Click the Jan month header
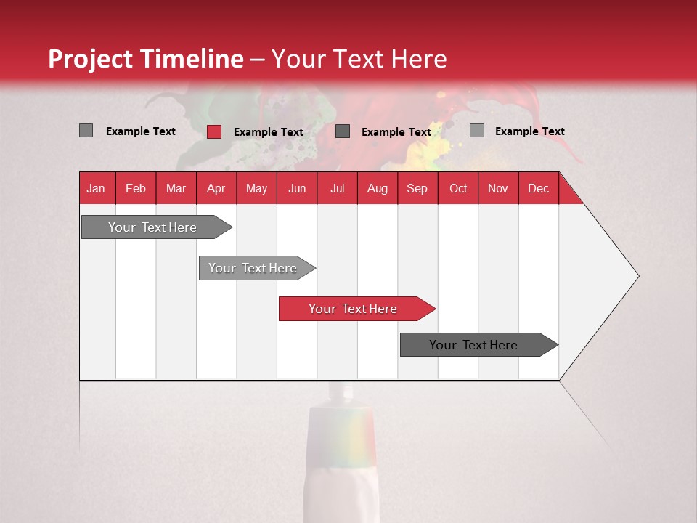pos(97,188)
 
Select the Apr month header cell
pos(216,188)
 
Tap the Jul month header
pos(337,188)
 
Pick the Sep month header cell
pos(417,188)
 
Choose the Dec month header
pos(538,188)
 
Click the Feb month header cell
pos(136,188)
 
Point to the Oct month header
pos(458,188)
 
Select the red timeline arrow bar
pos(356,309)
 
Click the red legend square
pos(214,131)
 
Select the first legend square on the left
pos(86,131)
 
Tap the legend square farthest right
pos(477,131)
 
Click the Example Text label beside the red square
pos(269,132)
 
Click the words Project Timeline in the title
pos(146,59)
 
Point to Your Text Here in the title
pos(359,59)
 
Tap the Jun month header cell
pos(297,188)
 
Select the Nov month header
pos(498,188)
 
